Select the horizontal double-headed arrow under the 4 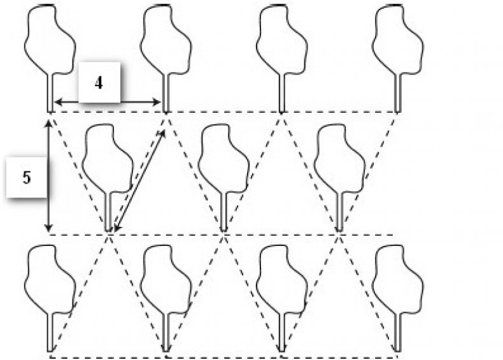tap(107, 102)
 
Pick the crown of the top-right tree tap(397, 40)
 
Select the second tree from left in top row tap(166, 41)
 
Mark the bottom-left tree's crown tap(49, 280)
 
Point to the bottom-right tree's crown tap(397, 280)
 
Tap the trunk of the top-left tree tap(50, 92)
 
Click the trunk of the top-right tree tap(397, 92)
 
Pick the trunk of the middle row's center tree tap(223, 212)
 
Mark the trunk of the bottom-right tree tap(397, 331)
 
